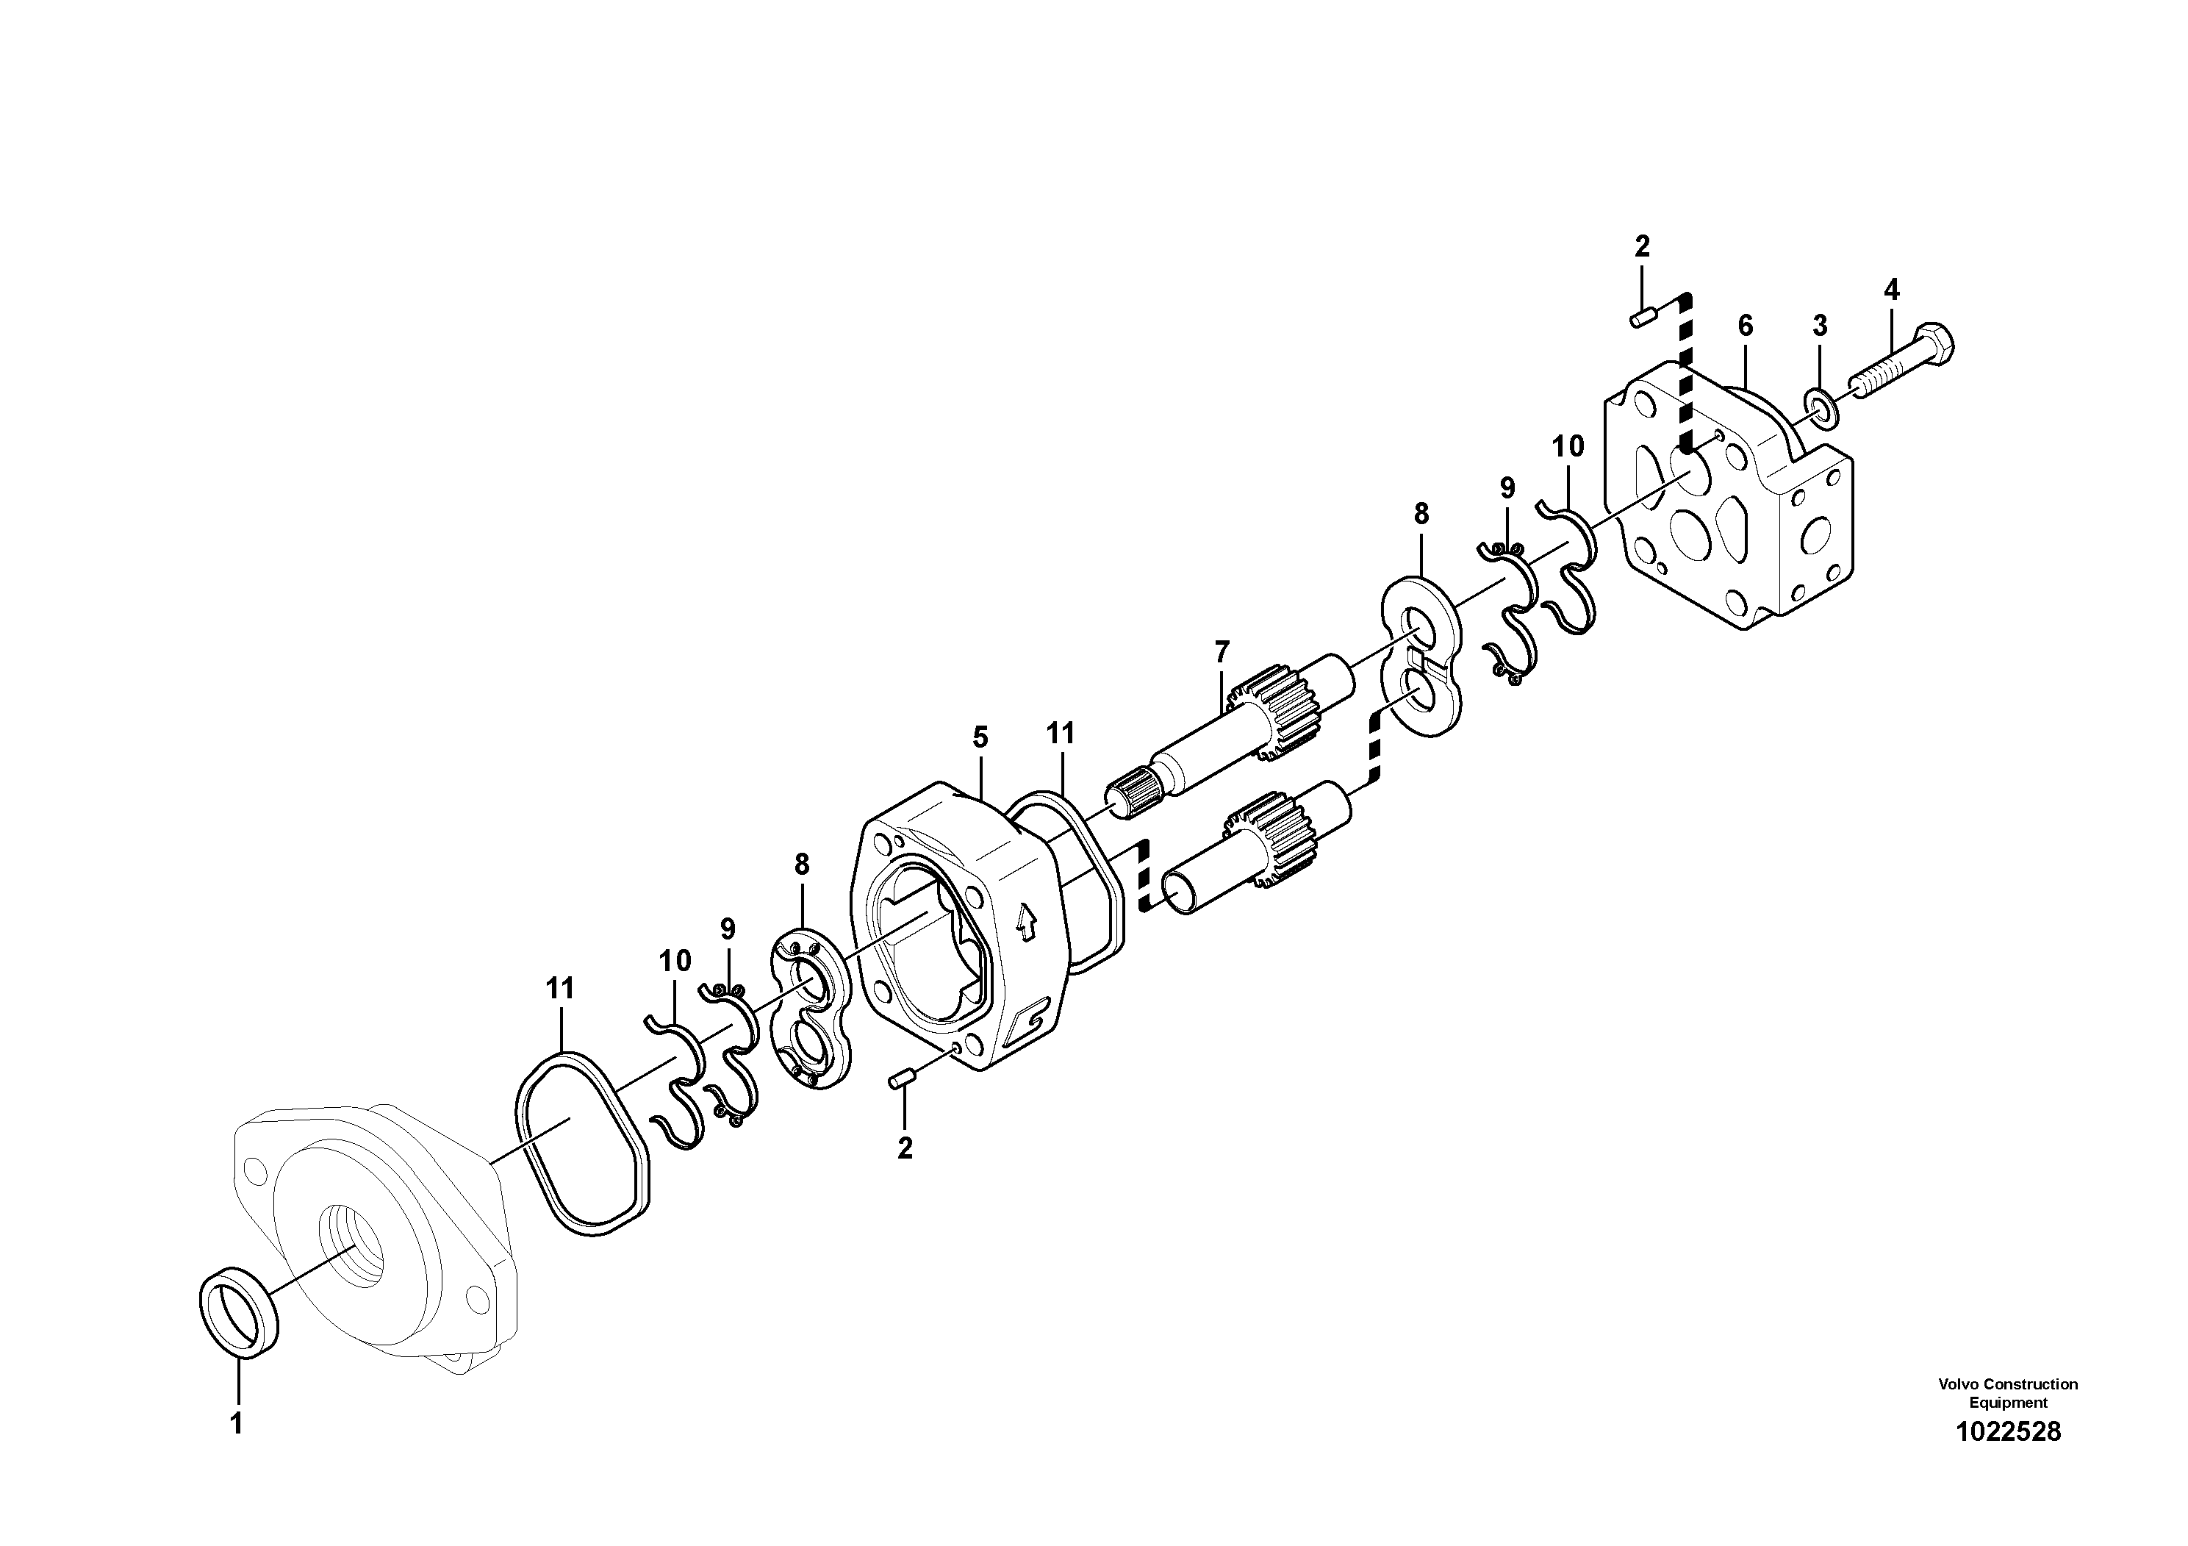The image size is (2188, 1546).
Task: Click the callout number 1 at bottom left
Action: coord(237,1425)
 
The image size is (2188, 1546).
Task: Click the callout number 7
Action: coord(1222,653)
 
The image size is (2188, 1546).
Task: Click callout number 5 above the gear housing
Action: coord(980,737)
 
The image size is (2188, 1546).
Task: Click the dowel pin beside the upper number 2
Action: coord(1641,318)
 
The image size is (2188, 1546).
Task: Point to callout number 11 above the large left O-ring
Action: coord(560,989)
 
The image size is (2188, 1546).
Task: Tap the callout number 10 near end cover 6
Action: coord(1568,446)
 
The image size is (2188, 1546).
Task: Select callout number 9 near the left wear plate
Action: coord(728,928)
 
